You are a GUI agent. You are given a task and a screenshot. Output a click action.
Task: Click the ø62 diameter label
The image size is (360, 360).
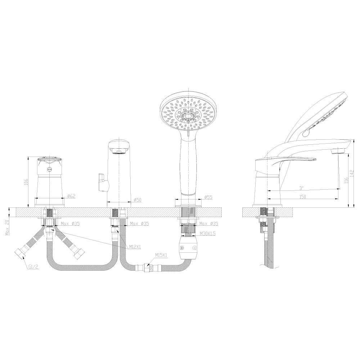coord(71,196)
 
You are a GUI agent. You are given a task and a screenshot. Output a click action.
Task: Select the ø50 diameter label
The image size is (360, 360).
coord(137,200)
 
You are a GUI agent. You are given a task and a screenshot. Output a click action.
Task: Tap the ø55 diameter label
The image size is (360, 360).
coord(208,197)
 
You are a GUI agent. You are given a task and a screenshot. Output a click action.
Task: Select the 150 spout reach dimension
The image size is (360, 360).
coord(302,197)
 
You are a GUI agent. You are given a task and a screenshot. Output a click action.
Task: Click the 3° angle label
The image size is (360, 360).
coord(301,188)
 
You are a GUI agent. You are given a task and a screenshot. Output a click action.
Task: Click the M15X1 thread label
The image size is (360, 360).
coord(161,255)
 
